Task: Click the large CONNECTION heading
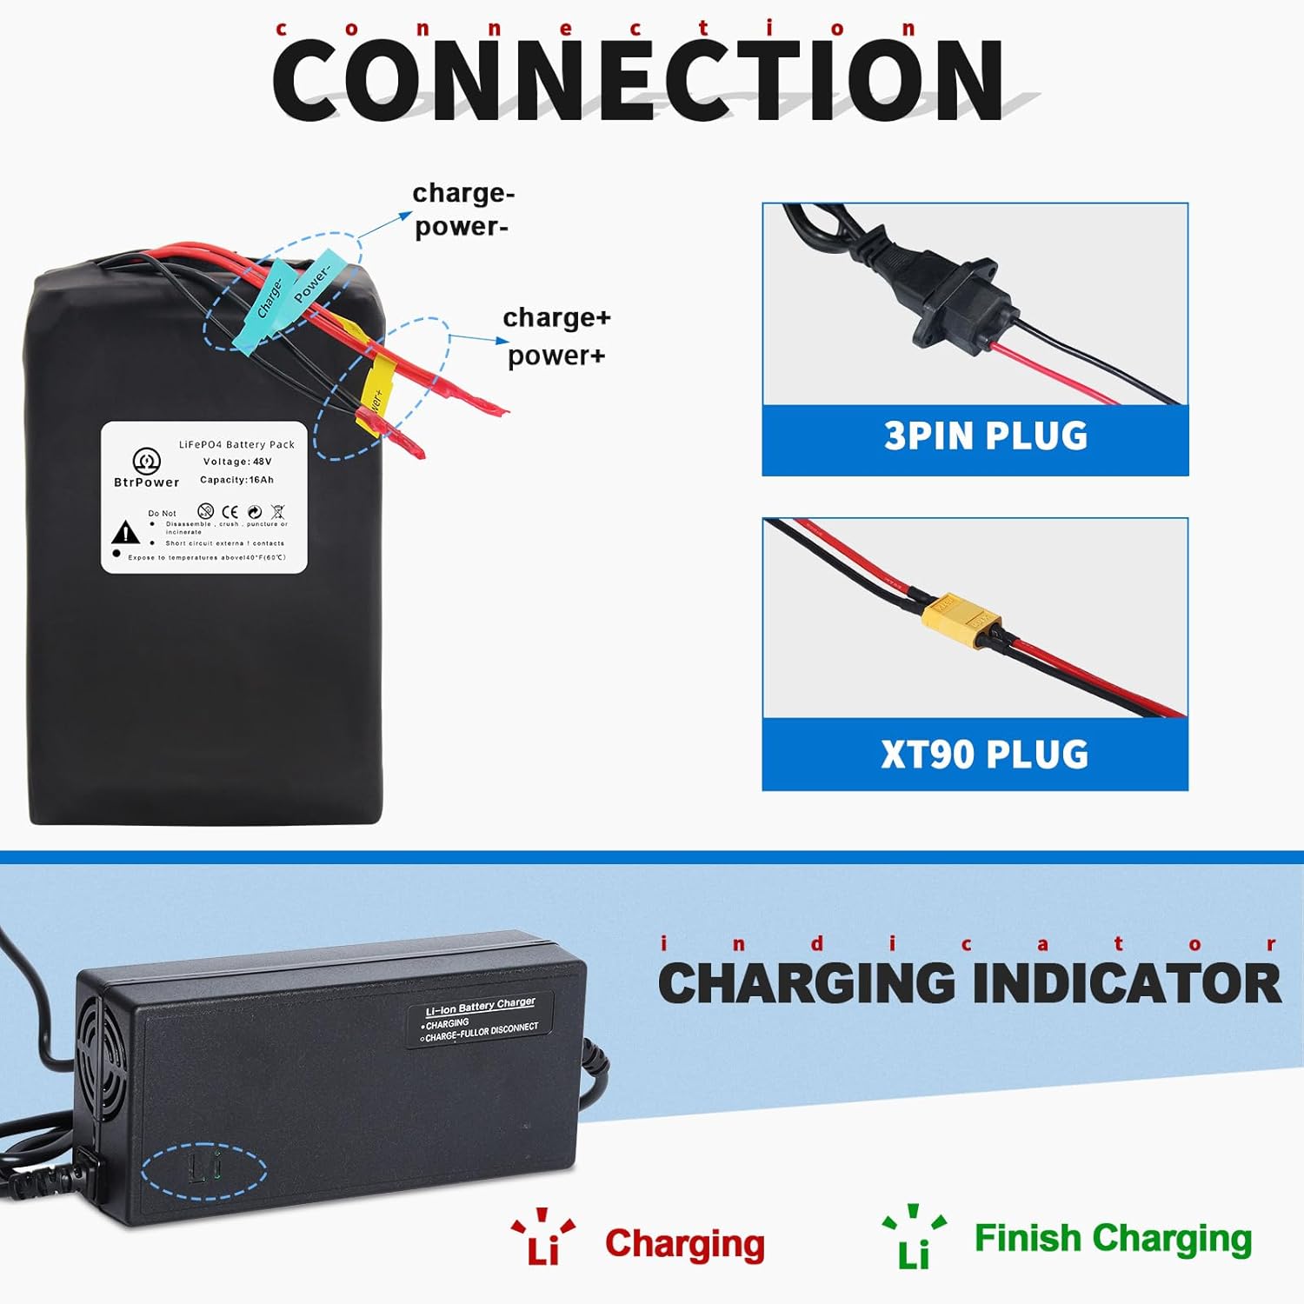pos(639,81)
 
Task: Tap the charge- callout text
pos(463,193)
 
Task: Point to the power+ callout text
pos(556,356)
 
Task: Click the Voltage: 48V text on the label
pos(237,462)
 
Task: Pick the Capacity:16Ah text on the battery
pos(236,480)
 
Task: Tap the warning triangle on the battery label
pos(126,532)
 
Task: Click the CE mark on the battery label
pos(230,512)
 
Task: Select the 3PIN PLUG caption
pos(986,436)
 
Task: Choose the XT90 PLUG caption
pos(985,755)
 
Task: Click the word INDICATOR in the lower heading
pos(1127,983)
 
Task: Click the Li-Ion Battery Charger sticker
pos(481,1019)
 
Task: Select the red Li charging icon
pos(543,1239)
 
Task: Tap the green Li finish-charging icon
pos(914,1239)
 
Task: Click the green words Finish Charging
pos(1113,1238)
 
